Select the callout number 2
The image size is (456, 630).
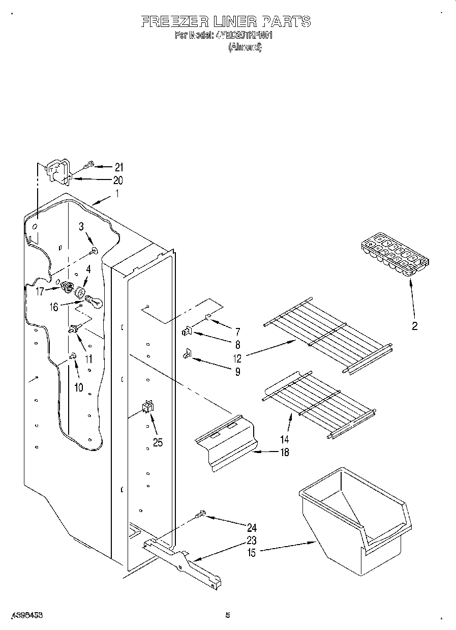(414, 326)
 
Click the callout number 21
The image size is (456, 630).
(118, 167)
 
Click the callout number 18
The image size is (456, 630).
(284, 452)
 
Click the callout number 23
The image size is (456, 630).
(251, 540)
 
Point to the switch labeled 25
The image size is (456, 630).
(147, 407)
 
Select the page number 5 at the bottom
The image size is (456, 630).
(228, 615)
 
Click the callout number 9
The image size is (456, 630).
(237, 371)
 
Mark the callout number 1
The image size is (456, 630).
(117, 193)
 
